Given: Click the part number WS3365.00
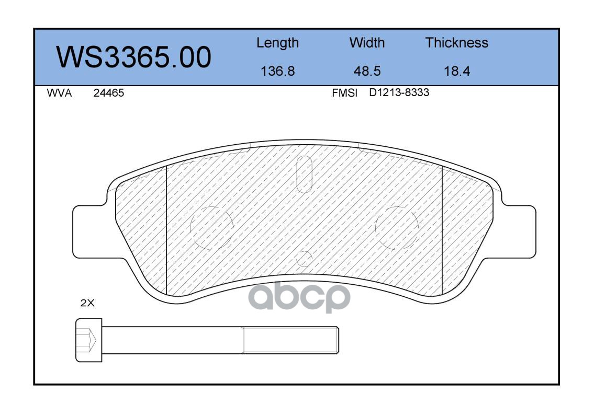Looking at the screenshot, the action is tap(134, 57).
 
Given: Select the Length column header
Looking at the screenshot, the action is tap(277, 43).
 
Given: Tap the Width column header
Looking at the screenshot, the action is tap(367, 42).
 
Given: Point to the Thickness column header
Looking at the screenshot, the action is tap(456, 42).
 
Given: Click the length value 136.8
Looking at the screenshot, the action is tap(277, 71).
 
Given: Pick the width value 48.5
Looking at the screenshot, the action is tap(367, 71).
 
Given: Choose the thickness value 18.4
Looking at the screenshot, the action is tap(456, 71).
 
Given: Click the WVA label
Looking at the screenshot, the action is tap(59, 93).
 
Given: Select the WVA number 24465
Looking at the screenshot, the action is tap(109, 93).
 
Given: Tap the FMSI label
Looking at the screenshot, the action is tap(344, 93).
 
